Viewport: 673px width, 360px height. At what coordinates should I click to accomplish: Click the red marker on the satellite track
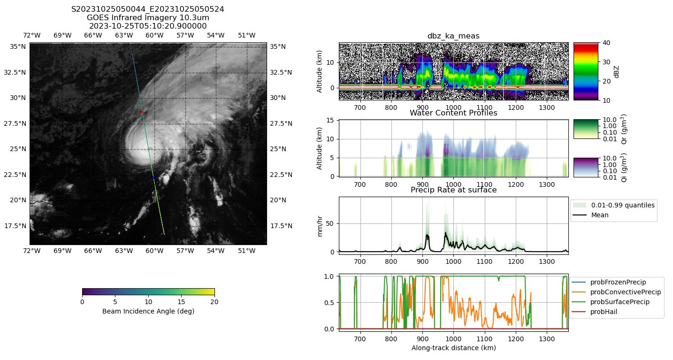pyautogui.click(x=142, y=112)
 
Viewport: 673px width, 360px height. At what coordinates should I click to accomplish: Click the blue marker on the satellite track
pyautogui.click(x=153, y=177)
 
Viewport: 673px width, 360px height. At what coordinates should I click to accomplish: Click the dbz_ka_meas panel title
pyautogui.click(x=453, y=36)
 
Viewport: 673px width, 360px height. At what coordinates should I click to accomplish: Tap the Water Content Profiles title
pyautogui.click(x=453, y=113)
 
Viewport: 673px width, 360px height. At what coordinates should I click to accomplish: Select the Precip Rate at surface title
pyautogui.click(x=453, y=190)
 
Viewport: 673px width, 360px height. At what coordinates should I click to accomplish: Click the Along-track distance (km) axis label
pyautogui.click(x=453, y=348)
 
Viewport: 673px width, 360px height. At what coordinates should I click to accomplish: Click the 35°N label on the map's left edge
pyautogui.click(x=18, y=46)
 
